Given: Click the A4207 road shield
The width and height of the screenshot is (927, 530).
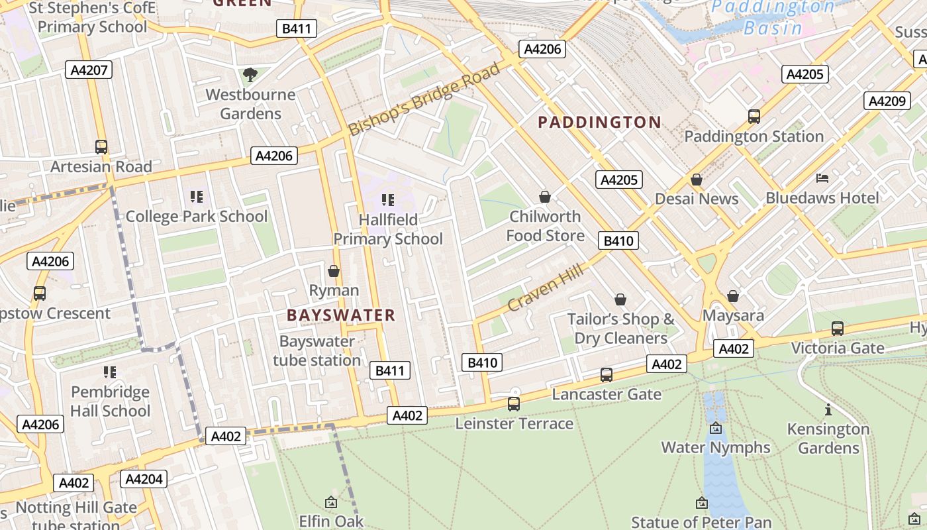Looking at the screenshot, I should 89,70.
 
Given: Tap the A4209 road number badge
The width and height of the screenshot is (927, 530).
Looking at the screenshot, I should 887,101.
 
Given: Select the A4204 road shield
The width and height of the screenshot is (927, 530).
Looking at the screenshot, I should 144,479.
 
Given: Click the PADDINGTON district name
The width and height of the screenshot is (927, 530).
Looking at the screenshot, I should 599,122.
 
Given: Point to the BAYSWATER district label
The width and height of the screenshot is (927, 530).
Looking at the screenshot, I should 341,315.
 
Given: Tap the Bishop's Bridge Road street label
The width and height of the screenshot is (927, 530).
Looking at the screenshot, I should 424,99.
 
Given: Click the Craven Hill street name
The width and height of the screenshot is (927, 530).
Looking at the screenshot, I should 546,287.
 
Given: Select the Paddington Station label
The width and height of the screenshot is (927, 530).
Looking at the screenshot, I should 754,136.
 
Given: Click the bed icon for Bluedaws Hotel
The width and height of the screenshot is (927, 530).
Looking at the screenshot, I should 822,178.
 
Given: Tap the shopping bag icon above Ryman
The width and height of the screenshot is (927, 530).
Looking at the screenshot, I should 334,272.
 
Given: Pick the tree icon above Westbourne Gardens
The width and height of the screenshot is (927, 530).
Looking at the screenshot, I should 250,75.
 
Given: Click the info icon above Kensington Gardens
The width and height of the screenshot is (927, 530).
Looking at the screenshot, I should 828,410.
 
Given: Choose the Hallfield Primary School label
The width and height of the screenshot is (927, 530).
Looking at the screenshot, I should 388,229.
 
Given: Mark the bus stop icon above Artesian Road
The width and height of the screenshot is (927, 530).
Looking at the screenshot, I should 101,147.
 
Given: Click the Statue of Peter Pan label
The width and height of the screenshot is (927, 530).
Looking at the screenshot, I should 702,522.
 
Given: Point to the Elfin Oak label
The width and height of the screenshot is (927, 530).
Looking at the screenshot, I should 331,521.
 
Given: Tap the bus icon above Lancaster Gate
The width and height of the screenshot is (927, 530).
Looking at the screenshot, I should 607,375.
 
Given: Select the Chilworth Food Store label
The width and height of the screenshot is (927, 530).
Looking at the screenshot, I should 545,226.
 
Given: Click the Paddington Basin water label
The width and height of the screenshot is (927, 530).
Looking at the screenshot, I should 772,18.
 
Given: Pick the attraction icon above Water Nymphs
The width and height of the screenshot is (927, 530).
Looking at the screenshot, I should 716,429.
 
